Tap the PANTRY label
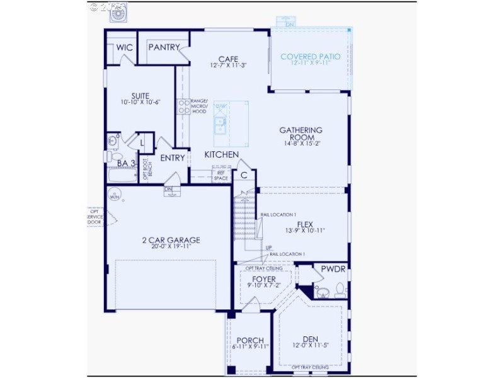(164, 47)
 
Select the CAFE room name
(228, 58)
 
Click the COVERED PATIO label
(311, 57)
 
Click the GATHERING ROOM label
(301, 134)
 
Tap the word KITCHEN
(221, 154)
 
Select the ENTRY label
(173, 158)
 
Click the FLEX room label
(306, 224)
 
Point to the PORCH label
(250, 340)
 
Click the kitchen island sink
(221, 128)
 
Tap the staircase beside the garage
(245, 217)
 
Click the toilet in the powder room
(340, 290)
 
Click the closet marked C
(243, 175)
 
